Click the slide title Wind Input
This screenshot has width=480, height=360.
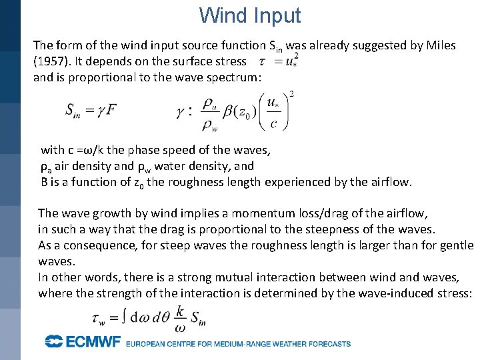(x=250, y=15)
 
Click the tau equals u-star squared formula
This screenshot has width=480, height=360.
(x=278, y=61)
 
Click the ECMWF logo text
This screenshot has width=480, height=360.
(x=83, y=342)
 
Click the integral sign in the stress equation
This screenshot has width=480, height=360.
(x=125, y=317)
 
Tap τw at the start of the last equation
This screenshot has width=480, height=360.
(x=101, y=319)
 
